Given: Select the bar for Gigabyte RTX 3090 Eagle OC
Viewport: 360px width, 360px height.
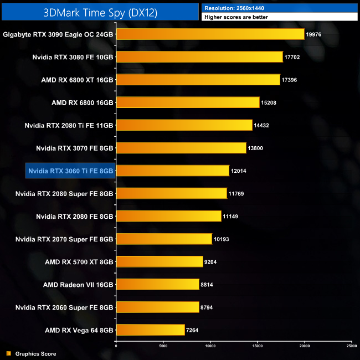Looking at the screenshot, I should click(x=210, y=34).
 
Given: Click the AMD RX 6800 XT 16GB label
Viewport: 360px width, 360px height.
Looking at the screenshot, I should click(x=77, y=80).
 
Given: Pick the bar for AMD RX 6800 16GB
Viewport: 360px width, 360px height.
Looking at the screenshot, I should click(x=188, y=102).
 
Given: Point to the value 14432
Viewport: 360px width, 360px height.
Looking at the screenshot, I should click(x=264, y=125).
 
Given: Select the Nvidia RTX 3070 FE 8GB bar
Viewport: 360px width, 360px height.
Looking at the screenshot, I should click(x=181, y=148).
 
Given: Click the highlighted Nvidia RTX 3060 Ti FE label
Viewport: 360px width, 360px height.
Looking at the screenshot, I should click(x=71, y=171).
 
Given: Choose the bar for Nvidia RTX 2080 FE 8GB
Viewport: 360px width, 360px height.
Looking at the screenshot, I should click(x=168, y=216).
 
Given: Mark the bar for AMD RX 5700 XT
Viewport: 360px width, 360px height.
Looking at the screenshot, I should click(x=160, y=261).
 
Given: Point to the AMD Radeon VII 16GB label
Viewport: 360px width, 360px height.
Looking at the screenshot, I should click(x=78, y=284).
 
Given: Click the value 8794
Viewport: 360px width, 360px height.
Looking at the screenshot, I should click(x=210, y=307).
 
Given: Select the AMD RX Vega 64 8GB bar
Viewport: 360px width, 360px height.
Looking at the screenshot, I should click(x=150, y=330).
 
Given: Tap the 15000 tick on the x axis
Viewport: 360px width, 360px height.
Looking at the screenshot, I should click(x=258, y=346).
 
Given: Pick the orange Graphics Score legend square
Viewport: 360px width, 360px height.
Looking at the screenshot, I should click(x=8, y=353).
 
